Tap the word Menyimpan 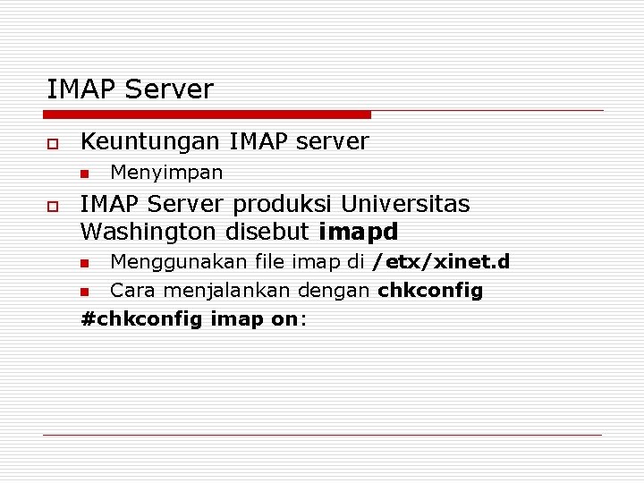tap(166, 172)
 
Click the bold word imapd tap(358, 232)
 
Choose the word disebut tap(267, 232)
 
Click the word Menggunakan tap(173, 262)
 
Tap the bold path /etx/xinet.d tap(441, 262)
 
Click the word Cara tap(130, 291)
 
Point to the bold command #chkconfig tap(141, 319)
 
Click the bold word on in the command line tap(284, 319)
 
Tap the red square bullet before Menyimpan tap(85, 173)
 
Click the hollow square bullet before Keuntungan tap(53, 143)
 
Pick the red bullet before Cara tap(85, 292)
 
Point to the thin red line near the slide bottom tap(322, 436)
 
